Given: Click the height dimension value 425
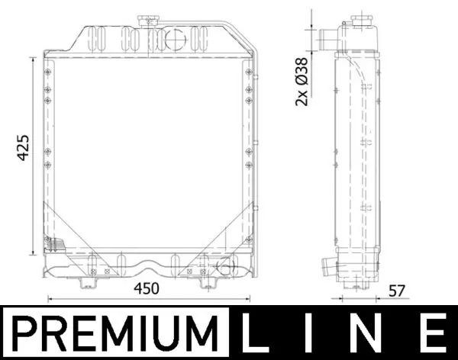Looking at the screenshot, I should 23,147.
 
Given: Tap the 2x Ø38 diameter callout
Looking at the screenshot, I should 301,81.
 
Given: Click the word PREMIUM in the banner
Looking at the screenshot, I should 114,334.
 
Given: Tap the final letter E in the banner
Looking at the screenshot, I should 432,334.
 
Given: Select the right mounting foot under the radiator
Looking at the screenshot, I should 206,282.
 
